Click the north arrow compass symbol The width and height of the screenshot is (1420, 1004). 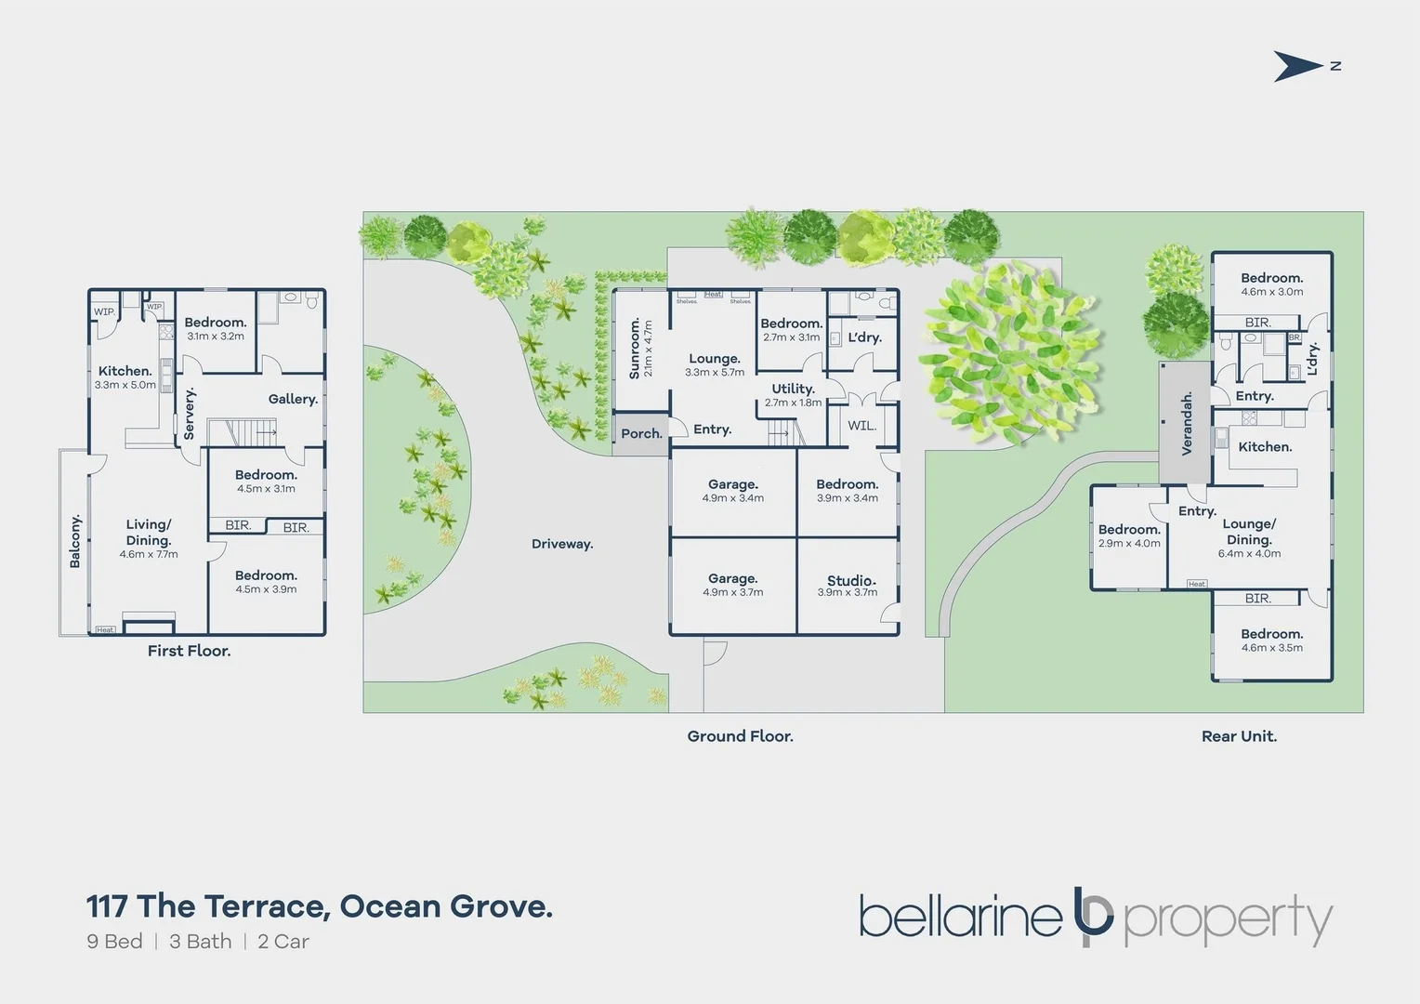click(1298, 66)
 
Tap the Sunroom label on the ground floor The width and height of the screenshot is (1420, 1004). click(636, 349)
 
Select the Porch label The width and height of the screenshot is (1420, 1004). click(641, 434)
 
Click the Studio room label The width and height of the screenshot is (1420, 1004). click(850, 581)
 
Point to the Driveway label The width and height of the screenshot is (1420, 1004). click(562, 544)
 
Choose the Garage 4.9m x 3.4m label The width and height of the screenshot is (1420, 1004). click(733, 484)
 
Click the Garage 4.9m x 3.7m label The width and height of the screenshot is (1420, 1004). click(733, 579)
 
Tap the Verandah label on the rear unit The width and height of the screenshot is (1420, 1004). click(1187, 424)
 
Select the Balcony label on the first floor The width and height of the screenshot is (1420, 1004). click(75, 540)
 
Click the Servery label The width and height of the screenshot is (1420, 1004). click(190, 414)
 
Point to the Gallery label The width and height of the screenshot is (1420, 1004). click(293, 399)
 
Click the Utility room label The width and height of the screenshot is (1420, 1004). click(793, 390)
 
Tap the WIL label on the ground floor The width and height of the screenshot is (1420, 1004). click(861, 426)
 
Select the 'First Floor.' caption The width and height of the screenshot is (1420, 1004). click(189, 651)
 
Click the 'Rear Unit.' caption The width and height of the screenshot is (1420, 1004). click(1239, 736)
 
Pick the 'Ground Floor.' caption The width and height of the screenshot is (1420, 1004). click(740, 736)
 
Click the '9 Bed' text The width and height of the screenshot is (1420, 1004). click(114, 942)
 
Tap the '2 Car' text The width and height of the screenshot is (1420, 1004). click(283, 942)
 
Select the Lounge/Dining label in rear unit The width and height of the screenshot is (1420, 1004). click(1249, 532)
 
